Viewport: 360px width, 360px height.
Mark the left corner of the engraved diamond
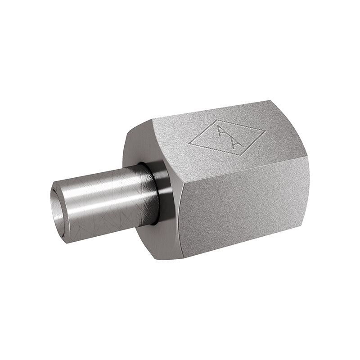pos(189,144)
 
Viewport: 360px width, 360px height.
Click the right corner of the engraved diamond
pos(265,131)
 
